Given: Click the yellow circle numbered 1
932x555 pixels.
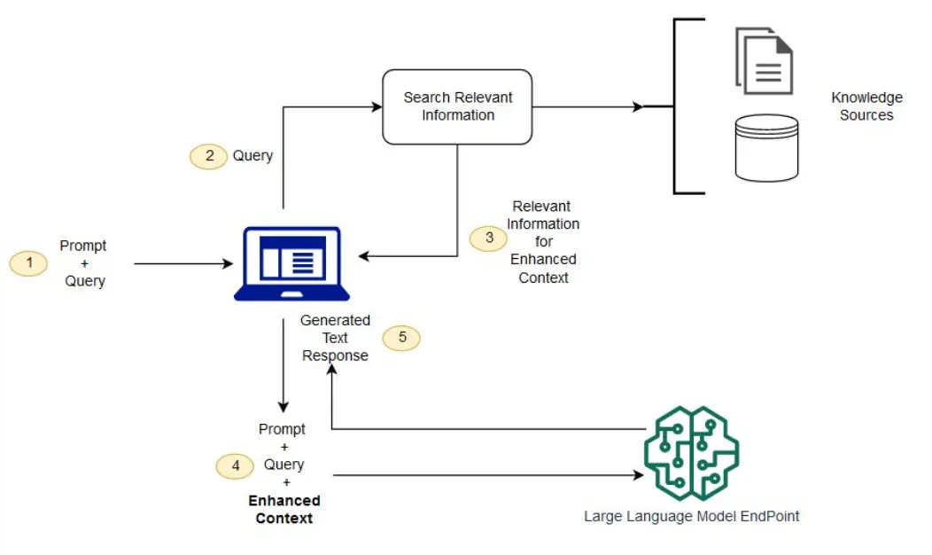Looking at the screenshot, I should coord(28,263).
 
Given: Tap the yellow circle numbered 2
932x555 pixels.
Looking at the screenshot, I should coord(209,156).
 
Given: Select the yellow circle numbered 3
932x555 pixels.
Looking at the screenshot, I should coord(488,238).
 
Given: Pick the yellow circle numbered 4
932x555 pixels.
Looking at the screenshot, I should coord(235,465).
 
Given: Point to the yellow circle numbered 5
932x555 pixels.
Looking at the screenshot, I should coord(401,338).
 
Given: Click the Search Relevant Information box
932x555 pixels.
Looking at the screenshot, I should coord(457,106).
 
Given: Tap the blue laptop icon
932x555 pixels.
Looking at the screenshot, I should coord(287,263).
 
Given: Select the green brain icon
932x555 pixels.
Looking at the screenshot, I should coord(691,453).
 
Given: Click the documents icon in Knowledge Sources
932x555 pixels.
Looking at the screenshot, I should coord(764,60).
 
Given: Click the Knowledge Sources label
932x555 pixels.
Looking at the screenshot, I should coord(866,106).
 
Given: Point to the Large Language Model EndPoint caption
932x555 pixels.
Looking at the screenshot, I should coord(691,516).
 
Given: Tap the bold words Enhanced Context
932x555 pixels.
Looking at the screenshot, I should coord(283,510).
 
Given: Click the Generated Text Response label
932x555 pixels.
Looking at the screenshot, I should coord(336,338).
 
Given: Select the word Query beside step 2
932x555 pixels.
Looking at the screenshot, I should coord(252,156).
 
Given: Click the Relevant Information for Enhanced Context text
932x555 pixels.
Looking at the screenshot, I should coord(543,241).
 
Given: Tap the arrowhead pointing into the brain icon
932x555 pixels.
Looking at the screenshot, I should coord(638,476).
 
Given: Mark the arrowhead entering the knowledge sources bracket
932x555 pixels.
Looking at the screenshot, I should coord(638,106).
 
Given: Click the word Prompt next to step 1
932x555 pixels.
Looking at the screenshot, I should coord(83,246).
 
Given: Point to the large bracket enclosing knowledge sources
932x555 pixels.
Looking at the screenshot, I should coord(677,106).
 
